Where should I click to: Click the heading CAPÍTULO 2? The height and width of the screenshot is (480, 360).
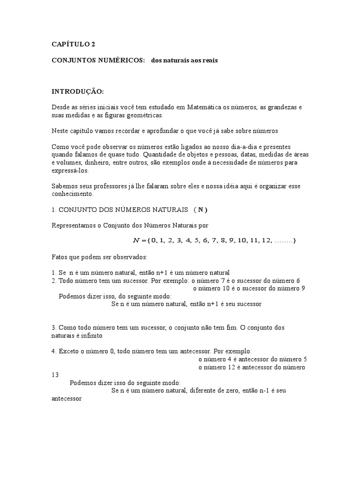click(x=73, y=45)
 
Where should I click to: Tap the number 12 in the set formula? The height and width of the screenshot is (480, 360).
click(x=267, y=240)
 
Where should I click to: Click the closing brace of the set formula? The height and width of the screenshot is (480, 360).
click(x=294, y=240)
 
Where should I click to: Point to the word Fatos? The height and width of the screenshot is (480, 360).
click(x=59, y=257)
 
